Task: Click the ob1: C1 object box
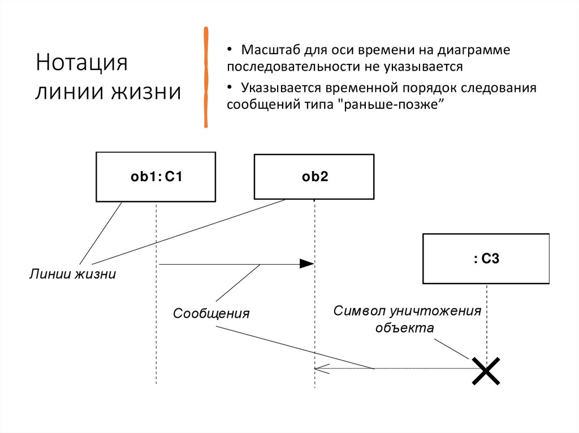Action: click(x=155, y=177)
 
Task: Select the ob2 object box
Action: click(x=314, y=177)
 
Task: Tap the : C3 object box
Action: click(x=486, y=259)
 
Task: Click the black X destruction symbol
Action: click(x=486, y=370)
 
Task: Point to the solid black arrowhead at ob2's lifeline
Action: click(x=306, y=264)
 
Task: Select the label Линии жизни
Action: click(x=73, y=275)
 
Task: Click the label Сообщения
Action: click(x=211, y=313)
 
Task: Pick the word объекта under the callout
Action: click(x=405, y=328)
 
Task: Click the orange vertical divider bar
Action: click(x=206, y=76)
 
